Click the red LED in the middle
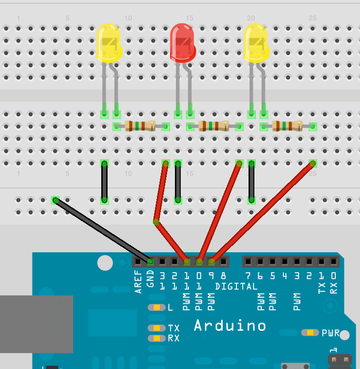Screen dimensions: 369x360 point(183,42)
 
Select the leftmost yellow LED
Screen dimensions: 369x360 point(109,43)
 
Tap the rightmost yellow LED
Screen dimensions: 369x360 point(256,43)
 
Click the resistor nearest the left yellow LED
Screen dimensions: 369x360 point(140,126)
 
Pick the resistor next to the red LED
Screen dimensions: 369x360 point(214,126)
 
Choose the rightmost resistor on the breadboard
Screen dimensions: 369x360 point(288,126)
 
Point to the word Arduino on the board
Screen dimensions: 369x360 point(230,325)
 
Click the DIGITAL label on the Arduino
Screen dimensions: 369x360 point(236,287)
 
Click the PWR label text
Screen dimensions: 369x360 point(330,333)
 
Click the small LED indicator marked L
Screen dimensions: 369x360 point(157,307)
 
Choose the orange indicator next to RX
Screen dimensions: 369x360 point(157,338)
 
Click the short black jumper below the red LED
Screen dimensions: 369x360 point(178,182)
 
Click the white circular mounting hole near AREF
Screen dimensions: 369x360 point(105,263)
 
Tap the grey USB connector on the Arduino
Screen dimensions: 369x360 point(36,324)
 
